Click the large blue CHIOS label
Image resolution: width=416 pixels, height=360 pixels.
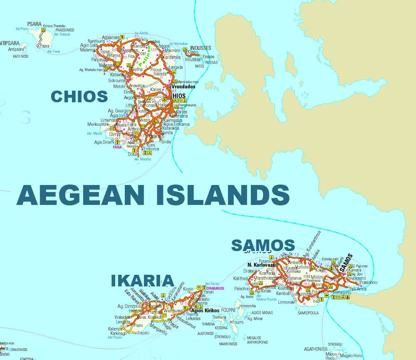tap(79, 97)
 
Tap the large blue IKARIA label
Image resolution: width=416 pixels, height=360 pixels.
tap(142, 281)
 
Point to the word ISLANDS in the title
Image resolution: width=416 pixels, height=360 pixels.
tap(223, 195)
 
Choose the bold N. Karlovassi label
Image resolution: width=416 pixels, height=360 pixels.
tap(261, 265)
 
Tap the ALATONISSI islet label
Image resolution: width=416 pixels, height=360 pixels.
tap(206, 333)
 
